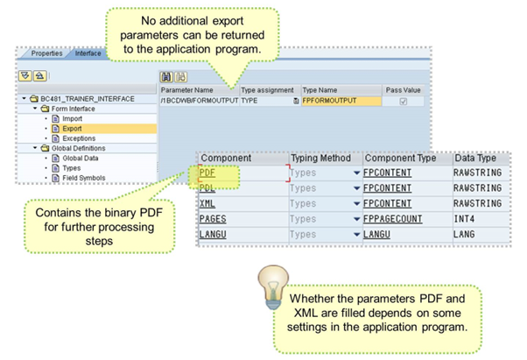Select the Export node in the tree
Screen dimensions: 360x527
click(73, 129)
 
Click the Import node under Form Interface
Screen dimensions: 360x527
click(73, 118)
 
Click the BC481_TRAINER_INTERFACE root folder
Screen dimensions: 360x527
click(88, 99)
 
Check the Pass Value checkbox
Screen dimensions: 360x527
click(403, 102)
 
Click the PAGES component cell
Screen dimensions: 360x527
click(214, 218)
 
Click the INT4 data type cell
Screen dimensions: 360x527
click(467, 218)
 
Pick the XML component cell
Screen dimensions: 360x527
click(208, 203)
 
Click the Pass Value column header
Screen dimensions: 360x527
click(403, 90)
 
